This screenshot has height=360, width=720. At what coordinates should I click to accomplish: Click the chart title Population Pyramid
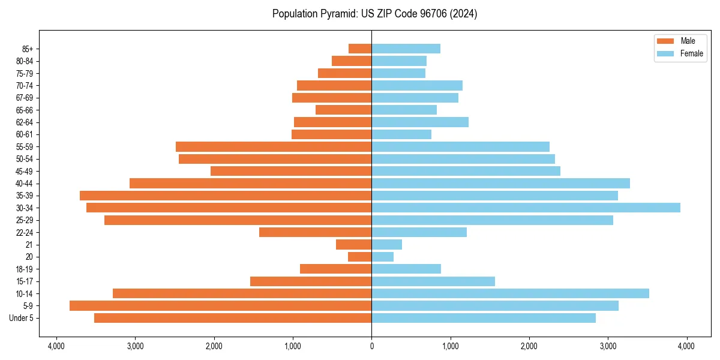click(374, 14)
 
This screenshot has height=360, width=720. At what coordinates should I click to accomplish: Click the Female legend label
click(691, 53)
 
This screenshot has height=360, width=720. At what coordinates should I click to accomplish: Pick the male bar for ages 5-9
click(220, 305)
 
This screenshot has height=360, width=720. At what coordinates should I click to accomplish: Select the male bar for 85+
click(360, 49)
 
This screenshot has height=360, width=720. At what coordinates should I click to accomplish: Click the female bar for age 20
click(383, 257)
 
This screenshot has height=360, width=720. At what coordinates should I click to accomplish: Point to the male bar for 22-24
click(315, 232)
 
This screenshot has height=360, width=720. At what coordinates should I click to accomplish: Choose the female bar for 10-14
click(510, 293)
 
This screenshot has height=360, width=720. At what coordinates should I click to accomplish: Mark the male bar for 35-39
click(226, 196)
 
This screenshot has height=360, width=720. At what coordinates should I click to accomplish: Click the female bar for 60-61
click(401, 134)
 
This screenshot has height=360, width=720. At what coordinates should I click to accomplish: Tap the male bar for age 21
click(353, 244)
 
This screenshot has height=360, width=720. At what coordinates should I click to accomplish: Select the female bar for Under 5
click(484, 318)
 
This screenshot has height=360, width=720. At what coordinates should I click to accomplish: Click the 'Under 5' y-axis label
click(22, 318)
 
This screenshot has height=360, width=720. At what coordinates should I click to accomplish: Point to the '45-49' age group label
click(25, 171)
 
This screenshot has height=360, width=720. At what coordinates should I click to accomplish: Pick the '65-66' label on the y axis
click(25, 110)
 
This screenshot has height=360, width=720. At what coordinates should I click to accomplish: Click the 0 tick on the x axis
click(371, 346)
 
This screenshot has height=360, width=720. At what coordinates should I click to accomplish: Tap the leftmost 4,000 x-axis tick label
click(56, 346)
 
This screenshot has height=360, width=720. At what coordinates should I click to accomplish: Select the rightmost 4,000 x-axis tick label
click(686, 346)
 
